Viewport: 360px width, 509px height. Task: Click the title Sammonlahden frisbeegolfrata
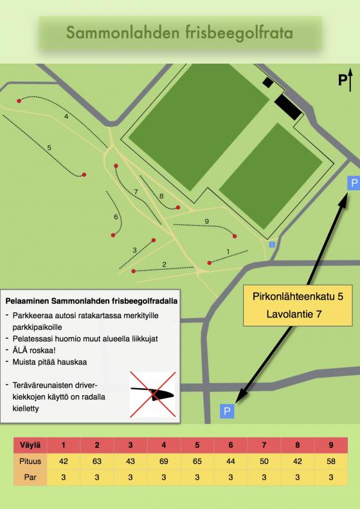(179, 33)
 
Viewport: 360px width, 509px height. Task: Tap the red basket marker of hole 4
(19, 101)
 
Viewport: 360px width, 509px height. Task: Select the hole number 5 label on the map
(50, 148)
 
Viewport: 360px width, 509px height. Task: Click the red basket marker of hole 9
(235, 237)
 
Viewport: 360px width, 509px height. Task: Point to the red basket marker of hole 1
(210, 263)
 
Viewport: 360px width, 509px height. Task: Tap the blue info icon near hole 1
(272, 245)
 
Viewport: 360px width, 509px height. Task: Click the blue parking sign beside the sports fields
(353, 183)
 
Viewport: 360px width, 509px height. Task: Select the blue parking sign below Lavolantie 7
(227, 411)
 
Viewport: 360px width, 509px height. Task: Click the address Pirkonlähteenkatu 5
(298, 296)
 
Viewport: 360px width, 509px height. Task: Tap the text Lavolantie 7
(294, 314)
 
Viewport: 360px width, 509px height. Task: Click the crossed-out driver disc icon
(152, 395)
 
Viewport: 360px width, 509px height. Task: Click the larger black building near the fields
(288, 107)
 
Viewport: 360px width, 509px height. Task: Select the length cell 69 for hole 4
(164, 461)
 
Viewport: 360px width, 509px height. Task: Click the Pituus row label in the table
(30, 461)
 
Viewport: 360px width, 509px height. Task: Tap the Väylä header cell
(30, 445)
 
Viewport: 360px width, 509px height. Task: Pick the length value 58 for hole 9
(331, 461)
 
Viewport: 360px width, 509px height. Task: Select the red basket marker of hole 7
(116, 166)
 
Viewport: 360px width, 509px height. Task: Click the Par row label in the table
(30, 478)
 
